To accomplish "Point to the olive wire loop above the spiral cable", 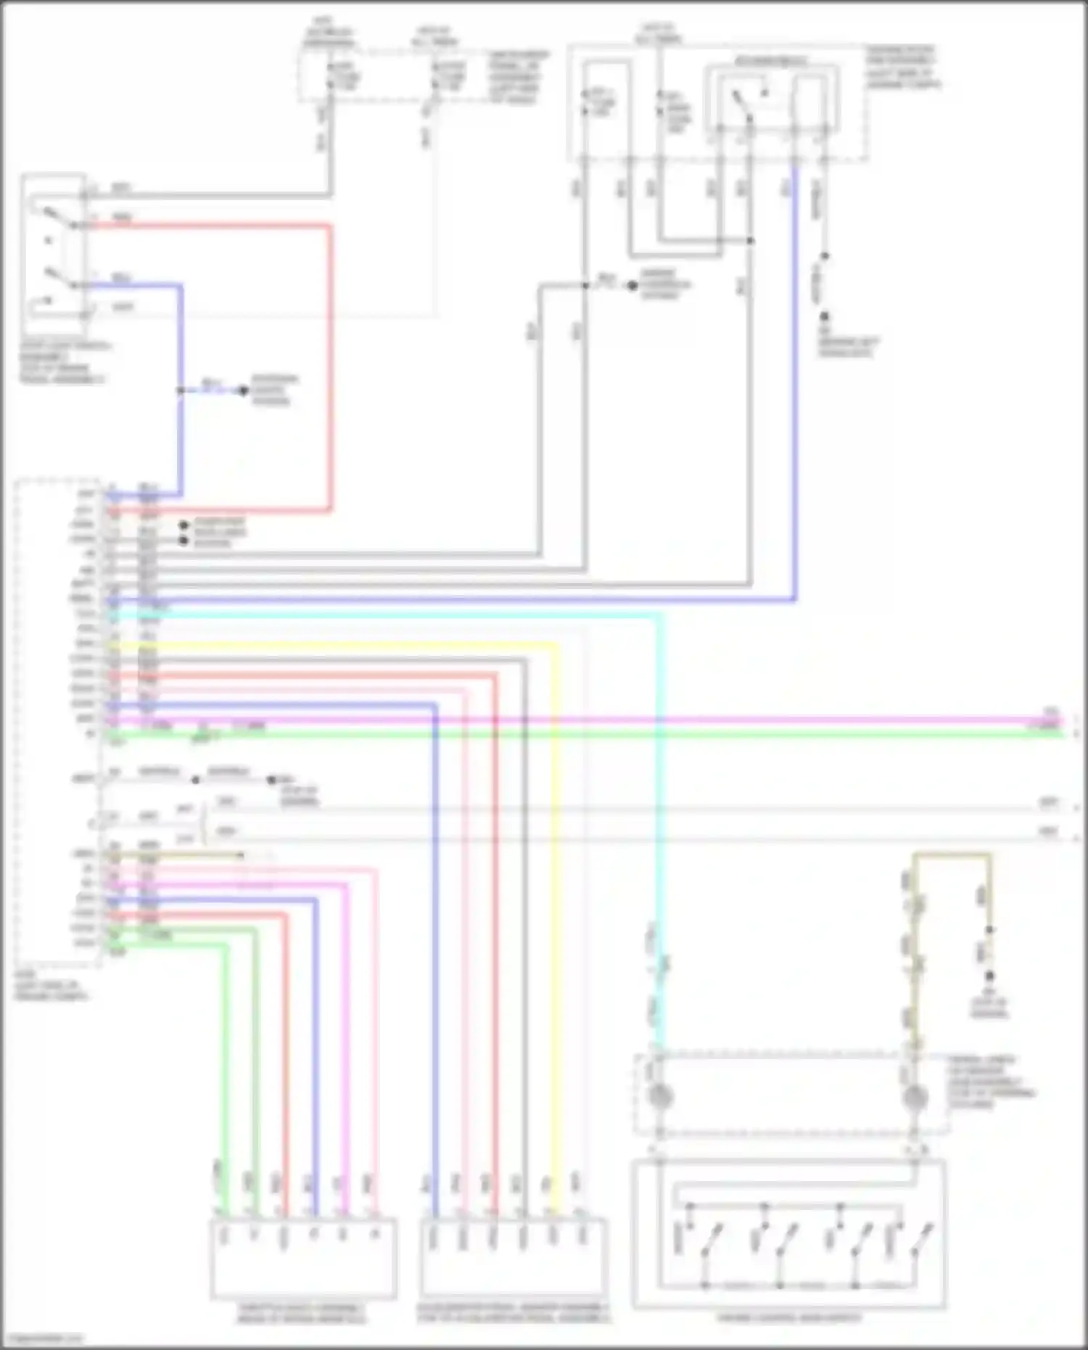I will pyautogui.click(x=952, y=856).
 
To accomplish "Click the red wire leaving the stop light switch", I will pyautogui.click(x=329, y=363).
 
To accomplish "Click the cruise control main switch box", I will pyautogui.click(x=788, y=1233).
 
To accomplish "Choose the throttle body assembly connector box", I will pyautogui.click(x=303, y=1258).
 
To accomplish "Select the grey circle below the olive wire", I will pyautogui.click(x=915, y=1098).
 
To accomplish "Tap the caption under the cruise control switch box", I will pyautogui.click(x=789, y=1317).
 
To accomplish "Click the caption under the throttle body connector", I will pyautogui.click(x=302, y=1313).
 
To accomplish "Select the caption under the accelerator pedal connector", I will pyautogui.click(x=514, y=1313).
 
